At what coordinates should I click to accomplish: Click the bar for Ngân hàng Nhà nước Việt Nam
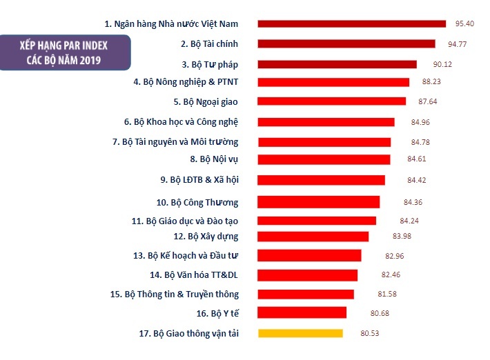(x=352, y=23)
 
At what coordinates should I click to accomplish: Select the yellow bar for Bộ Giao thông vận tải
(x=300, y=333)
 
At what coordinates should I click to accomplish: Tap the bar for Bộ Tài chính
(x=346, y=43)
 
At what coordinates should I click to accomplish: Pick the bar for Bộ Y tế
(x=302, y=313)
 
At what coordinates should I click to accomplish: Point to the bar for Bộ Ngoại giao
(x=332, y=101)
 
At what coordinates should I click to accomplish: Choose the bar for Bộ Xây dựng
(x=313, y=237)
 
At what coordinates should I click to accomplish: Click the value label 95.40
(x=464, y=24)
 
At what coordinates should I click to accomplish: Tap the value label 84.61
(x=417, y=159)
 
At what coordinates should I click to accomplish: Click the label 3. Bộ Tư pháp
(x=210, y=64)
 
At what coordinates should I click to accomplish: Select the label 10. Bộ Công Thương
(x=197, y=203)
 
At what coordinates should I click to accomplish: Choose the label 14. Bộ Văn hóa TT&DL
(x=194, y=274)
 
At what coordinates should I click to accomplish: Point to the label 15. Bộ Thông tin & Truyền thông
(x=174, y=294)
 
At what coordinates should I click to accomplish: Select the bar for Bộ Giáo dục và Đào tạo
(x=317, y=221)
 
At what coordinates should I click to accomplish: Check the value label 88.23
(x=431, y=82)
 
